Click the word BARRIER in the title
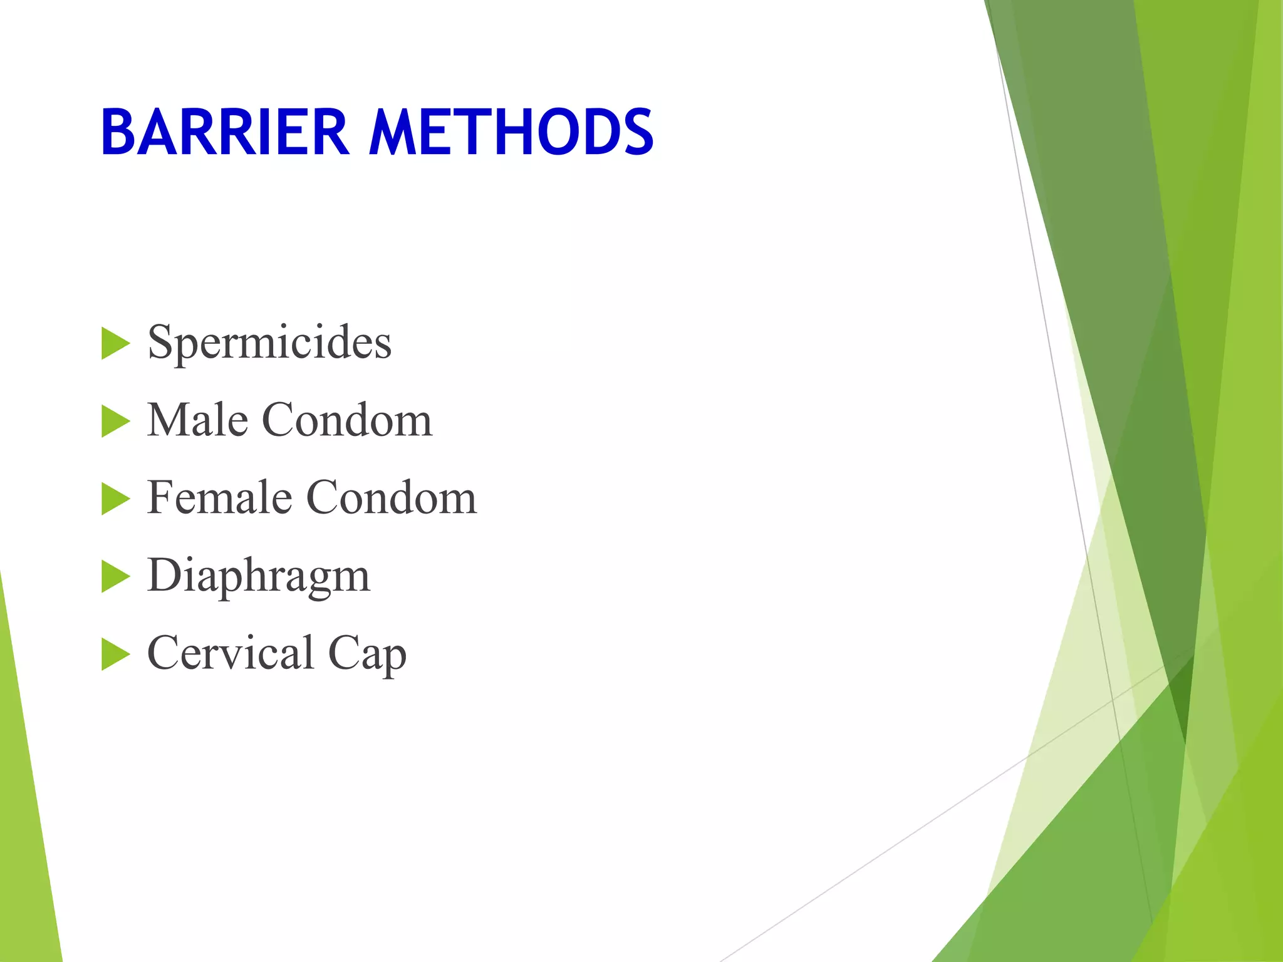point(224,132)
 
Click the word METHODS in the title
point(511,132)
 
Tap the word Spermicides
point(269,343)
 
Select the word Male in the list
point(197,420)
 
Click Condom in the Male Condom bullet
point(346,420)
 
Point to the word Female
point(220,497)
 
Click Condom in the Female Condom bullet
point(392,497)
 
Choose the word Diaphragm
point(258,576)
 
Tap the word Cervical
point(231,653)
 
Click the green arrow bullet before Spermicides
point(115,344)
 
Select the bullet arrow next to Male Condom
point(115,422)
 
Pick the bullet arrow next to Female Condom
point(115,499)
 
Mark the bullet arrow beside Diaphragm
point(115,577)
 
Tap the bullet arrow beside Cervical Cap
point(115,654)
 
